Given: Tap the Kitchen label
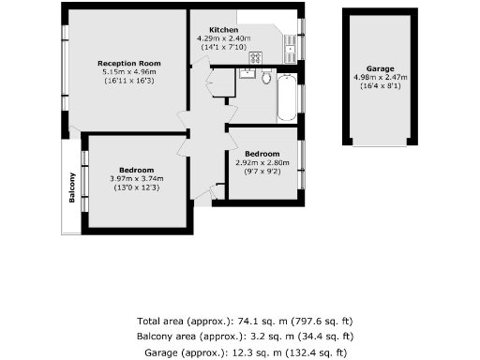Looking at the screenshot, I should pos(224,30).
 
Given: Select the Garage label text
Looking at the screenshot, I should pos(380,69).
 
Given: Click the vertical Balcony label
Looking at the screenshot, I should pos(72,188).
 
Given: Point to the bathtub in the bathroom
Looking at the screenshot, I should pos(287,97).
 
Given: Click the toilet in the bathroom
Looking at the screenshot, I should pos(265,78).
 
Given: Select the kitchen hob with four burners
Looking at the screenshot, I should pos(255,58).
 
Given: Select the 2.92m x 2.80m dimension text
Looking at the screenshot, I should pos(262,162).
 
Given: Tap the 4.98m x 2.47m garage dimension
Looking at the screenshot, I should pos(380,78).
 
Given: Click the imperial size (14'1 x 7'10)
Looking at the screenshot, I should pos(222,46).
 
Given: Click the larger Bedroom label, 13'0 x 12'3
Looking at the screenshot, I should pos(136,170).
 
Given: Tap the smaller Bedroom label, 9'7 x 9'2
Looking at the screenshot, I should pos(262,154).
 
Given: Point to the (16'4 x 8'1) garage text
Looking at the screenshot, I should pos(380,86).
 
